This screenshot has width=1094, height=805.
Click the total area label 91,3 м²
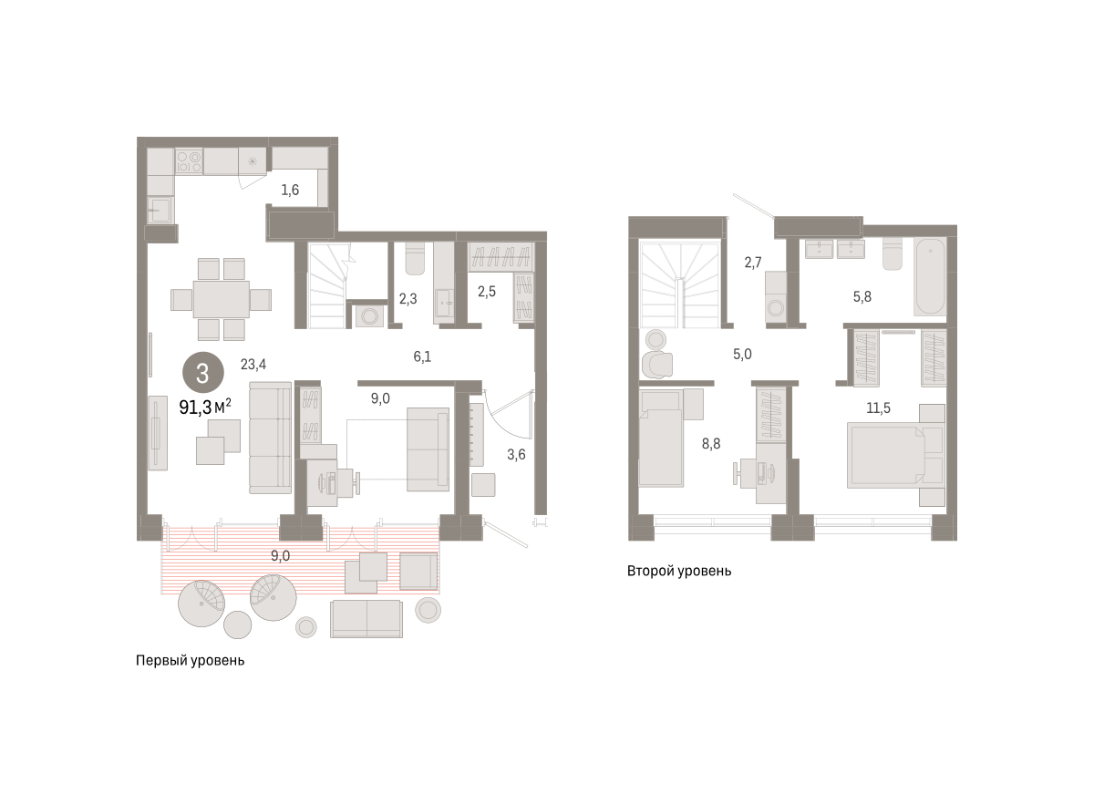pos(205,407)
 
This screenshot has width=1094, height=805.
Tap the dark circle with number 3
pos(203,373)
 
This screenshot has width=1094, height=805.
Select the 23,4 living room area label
pos(253,364)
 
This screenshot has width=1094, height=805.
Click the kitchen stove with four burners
pos(189,160)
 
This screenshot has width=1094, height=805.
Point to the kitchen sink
pos(160,210)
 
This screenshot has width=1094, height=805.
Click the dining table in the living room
pos(222,299)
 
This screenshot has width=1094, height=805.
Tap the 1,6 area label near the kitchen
pos(290,190)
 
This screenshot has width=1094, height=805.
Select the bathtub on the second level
pos(930,276)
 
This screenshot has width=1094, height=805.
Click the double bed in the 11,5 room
pos(886,456)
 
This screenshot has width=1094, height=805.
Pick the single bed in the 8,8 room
pos(661,439)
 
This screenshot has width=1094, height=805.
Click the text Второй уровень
pos(679,571)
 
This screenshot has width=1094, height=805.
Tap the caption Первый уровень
pos(190,660)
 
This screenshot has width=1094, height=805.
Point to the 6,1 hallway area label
pos(422,356)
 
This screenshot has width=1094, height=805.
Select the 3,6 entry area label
pos(516,455)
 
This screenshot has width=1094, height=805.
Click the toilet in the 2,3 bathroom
pos(416,258)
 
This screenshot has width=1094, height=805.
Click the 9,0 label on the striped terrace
pos(280,556)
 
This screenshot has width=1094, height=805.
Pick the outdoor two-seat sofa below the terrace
pos(366,619)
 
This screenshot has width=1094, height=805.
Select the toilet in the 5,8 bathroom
pos(893,254)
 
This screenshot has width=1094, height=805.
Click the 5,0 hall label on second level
pos(742,354)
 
